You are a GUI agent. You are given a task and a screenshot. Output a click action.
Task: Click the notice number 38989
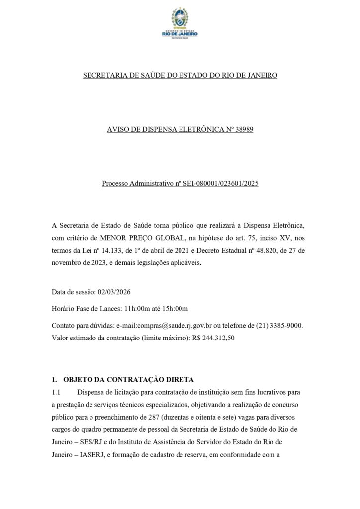(x=244, y=130)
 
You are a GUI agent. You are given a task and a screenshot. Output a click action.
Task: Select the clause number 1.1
(x=56, y=392)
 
